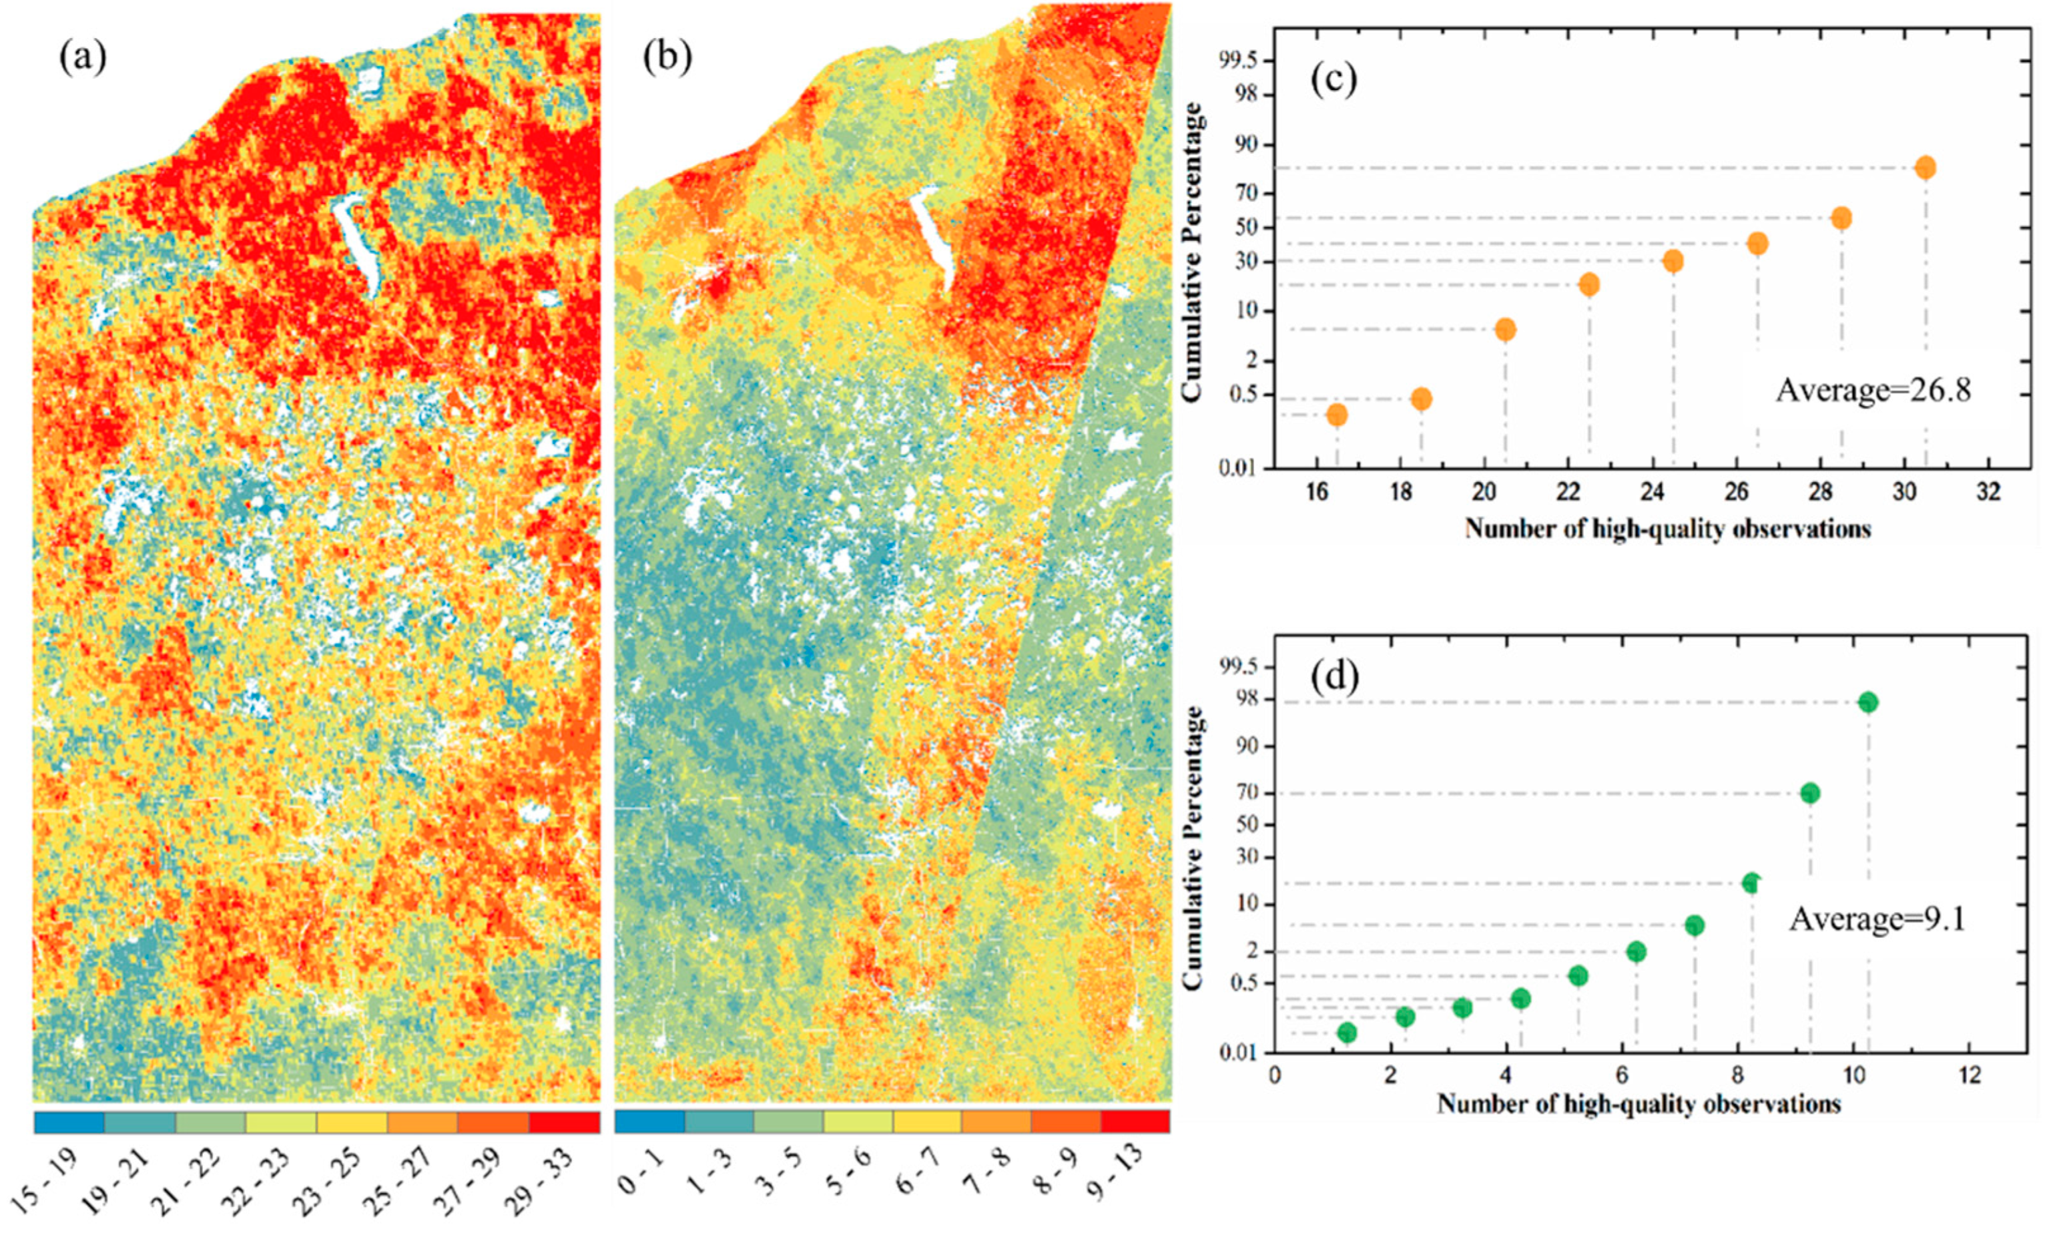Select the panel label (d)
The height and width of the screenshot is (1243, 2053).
pyautogui.click(x=1335, y=676)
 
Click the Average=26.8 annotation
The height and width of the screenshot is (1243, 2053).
pyautogui.click(x=1873, y=390)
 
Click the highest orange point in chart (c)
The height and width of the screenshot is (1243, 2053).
pyautogui.click(x=1925, y=168)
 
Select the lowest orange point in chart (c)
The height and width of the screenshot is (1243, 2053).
pyautogui.click(x=1336, y=415)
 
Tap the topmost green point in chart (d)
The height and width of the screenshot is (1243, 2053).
pyautogui.click(x=1867, y=702)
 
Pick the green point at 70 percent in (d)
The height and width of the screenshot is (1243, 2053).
pyautogui.click(x=1809, y=793)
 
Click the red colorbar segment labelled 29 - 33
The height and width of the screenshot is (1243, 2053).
pyautogui.click(x=564, y=1122)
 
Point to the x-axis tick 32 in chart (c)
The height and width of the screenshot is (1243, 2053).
pyautogui.click(x=1988, y=493)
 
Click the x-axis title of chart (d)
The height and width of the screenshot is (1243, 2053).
pyautogui.click(x=1638, y=1105)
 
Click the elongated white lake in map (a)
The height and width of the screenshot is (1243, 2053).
pyautogui.click(x=356, y=242)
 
